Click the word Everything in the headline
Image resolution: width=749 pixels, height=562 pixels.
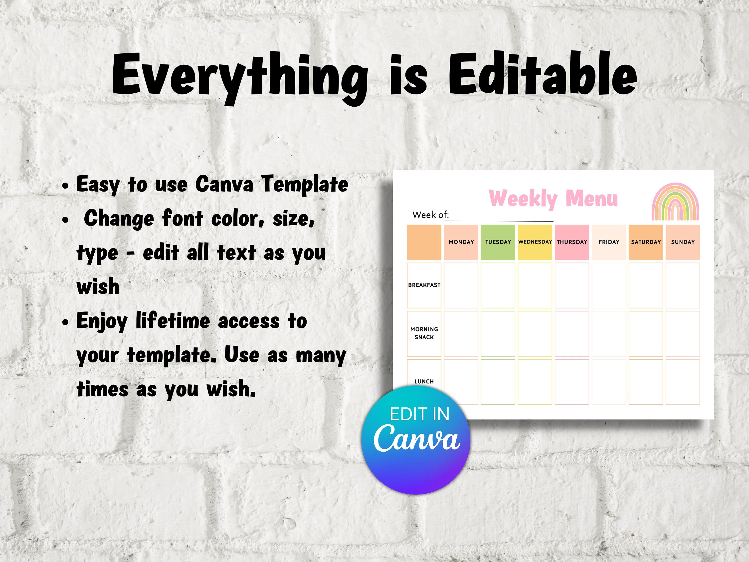tap(240, 78)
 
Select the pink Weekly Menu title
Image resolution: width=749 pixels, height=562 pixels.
tap(554, 199)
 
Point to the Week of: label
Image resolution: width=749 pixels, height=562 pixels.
tap(430, 215)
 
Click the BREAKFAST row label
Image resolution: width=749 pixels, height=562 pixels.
tap(424, 285)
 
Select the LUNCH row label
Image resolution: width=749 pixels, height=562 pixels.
tap(424, 381)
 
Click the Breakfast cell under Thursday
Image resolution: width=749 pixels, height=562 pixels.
tap(572, 285)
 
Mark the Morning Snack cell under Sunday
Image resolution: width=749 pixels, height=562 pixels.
tap(683, 334)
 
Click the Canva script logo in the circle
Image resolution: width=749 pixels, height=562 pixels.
tap(416, 438)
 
